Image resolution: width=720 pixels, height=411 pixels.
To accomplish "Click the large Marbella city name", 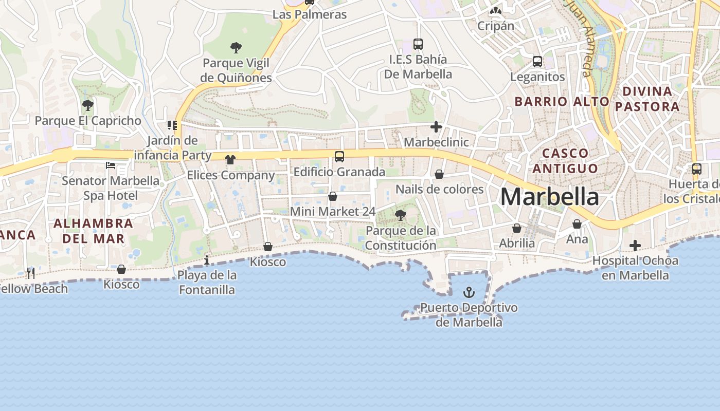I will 549,197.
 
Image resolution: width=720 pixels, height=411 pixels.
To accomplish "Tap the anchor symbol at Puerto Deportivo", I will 469,293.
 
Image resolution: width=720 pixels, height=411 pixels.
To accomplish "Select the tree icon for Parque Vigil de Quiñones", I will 236,48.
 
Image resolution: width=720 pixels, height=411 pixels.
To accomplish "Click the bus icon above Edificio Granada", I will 339,157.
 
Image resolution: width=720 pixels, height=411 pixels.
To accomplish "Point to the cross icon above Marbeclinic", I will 436,127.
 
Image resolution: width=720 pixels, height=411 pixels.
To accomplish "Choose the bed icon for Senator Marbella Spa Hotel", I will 111,165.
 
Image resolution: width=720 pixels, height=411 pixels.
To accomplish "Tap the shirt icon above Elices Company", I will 230,160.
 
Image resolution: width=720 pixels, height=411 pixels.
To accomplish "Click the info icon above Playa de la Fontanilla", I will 207,260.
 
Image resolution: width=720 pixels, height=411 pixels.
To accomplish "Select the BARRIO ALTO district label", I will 562,101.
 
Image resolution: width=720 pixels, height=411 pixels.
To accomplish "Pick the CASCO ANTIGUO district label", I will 565,160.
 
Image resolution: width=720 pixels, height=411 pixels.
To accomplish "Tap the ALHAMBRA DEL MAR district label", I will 93,231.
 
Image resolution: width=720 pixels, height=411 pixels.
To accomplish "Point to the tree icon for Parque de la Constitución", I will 400,215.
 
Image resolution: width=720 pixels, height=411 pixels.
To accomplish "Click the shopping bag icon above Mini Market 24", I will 333,196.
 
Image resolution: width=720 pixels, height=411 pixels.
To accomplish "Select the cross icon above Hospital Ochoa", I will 635,246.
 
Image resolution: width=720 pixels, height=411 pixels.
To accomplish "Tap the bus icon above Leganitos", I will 537,62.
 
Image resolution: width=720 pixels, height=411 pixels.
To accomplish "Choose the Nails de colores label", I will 439,189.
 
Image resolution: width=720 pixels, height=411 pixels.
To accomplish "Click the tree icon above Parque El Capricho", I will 88,105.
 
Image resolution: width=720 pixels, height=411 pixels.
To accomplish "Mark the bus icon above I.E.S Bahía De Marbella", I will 418,44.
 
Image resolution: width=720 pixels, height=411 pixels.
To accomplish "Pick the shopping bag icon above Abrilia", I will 517,228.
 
